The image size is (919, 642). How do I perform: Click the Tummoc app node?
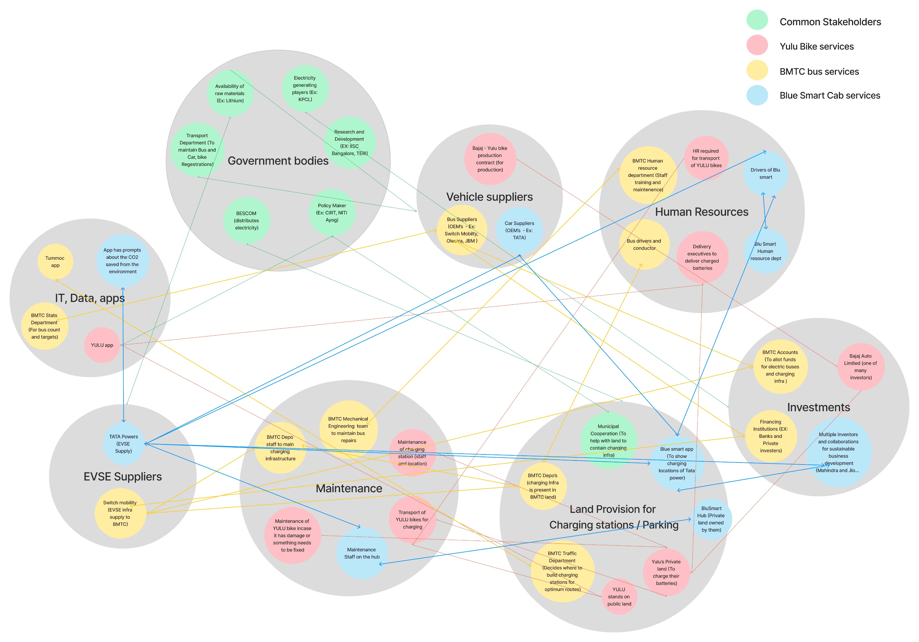tap(55, 262)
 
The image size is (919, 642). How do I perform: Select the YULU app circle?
tap(102, 345)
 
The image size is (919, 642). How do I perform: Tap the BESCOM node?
tap(247, 220)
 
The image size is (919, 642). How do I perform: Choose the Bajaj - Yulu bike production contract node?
tap(490, 159)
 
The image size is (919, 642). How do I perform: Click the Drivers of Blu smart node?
tap(766, 174)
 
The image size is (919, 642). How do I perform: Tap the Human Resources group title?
tap(702, 212)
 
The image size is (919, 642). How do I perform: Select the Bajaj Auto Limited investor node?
tap(861, 366)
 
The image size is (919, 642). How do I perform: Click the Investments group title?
tap(818, 407)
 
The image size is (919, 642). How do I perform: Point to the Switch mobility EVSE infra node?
tap(120, 513)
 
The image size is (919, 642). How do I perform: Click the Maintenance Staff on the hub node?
tap(362, 553)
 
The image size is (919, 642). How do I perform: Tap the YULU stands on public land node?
tap(619, 596)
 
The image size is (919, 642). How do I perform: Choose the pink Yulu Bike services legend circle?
tap(757, 45)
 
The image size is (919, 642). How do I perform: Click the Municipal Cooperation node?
tap(608, 440)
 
